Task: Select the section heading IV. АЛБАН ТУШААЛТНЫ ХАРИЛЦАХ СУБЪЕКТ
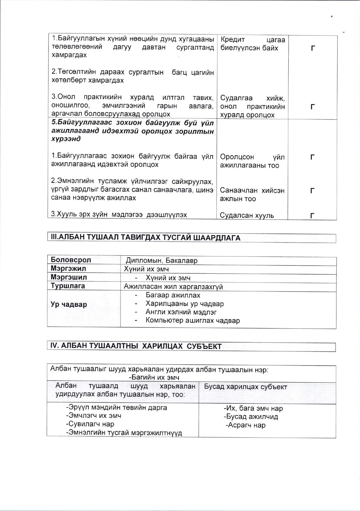tap(136, 346)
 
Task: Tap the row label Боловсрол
tap(71, 260)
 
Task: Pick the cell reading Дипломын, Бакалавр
tap(161, 261)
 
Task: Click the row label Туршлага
tap(68, 286)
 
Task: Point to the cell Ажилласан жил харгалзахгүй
tap(173, 287)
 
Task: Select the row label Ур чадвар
tap(69, 304)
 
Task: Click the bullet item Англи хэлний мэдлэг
tap(181, 312)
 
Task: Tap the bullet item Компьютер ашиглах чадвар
tap(193, 321)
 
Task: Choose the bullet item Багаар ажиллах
tap(173, 295)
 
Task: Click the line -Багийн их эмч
tap(154, 378)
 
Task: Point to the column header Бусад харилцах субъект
tap(246, 387)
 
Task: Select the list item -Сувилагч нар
tap(90, 424)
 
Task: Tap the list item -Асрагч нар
tap(246, 425)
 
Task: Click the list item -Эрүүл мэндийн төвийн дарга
tap(116, 407)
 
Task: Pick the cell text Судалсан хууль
tap(247, 215)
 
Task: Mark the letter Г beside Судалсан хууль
tap(312, 216)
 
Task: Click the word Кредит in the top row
tap(233, 39)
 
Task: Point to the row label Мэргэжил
tap(68, 268)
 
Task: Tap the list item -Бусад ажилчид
tap(251, 417)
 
